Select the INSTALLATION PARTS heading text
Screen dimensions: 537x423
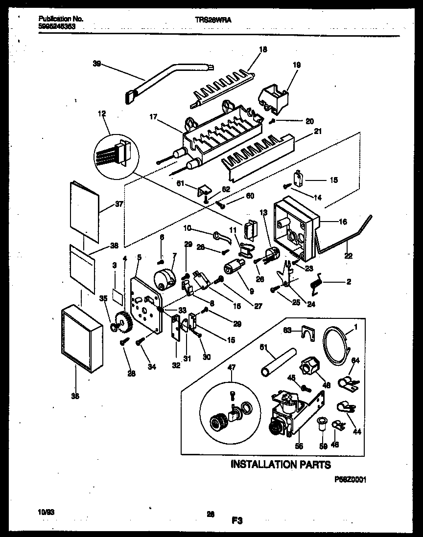(281, 464)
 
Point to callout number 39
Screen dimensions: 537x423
(96, 63)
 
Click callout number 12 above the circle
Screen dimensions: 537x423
(101, 114)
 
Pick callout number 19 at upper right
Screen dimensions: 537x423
(297, 65)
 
